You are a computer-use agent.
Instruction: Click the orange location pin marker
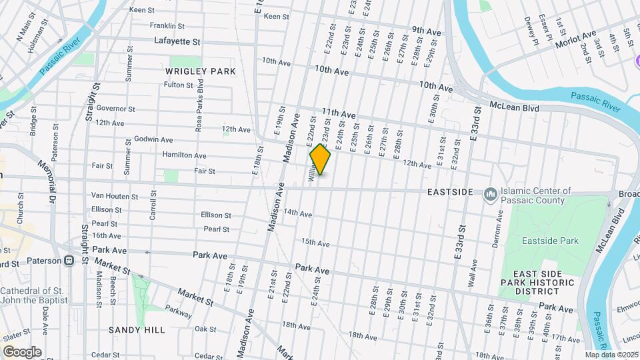click(321, 159)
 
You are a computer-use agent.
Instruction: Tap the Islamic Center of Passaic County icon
click(491, 193)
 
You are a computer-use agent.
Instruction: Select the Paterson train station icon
click(69, 261)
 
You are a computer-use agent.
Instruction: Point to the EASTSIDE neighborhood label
click(450, 192)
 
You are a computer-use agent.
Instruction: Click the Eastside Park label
click(550, 241)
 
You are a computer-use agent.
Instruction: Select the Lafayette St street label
click(177, 41)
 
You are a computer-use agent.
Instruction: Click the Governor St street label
click(115, 109)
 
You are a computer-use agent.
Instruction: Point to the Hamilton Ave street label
click(184, 155)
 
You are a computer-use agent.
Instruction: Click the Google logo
click(22, 352)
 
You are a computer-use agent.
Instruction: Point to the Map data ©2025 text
click(611, 355)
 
